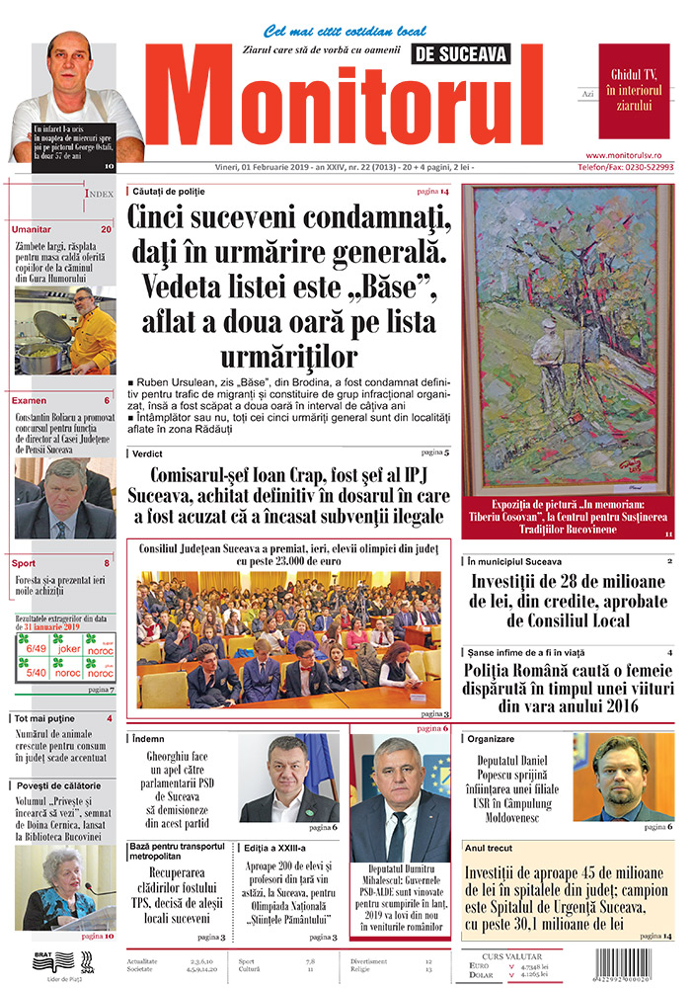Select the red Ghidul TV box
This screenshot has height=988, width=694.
click(x=634, y=91)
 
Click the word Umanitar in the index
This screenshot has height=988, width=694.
click(x=32, y=229)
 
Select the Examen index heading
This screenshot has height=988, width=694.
click(x=29, y=401)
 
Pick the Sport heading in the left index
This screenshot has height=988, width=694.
click(x=25, y=563)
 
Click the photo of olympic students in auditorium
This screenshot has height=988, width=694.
click(x=288, y=639)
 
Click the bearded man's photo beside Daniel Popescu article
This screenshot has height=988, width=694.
click(x=623, y=777)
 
